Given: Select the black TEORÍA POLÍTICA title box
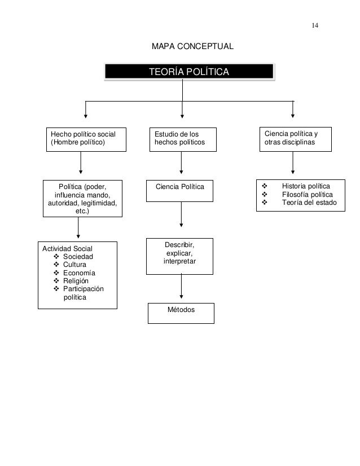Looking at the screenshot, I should click(x=189, y=72).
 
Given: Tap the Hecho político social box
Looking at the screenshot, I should click(x=86, y=139).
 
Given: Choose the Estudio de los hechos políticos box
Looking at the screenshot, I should click(x=181, y=139).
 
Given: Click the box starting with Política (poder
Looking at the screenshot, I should click(x=82, y=199).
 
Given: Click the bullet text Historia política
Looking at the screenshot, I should click(x=306, y=187).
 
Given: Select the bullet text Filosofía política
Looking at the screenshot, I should click(x=308, y=195).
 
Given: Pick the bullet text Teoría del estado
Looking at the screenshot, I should click(x=309, y=203).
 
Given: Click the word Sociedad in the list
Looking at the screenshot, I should click(x=78, y=257).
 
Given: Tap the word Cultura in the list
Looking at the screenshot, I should click(x=75, y=265).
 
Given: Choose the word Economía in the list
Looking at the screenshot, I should click(x=79, y=273).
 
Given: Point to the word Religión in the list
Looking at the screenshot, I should click(x=76, y=281).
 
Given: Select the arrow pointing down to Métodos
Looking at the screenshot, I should click(x=181, y=287).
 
